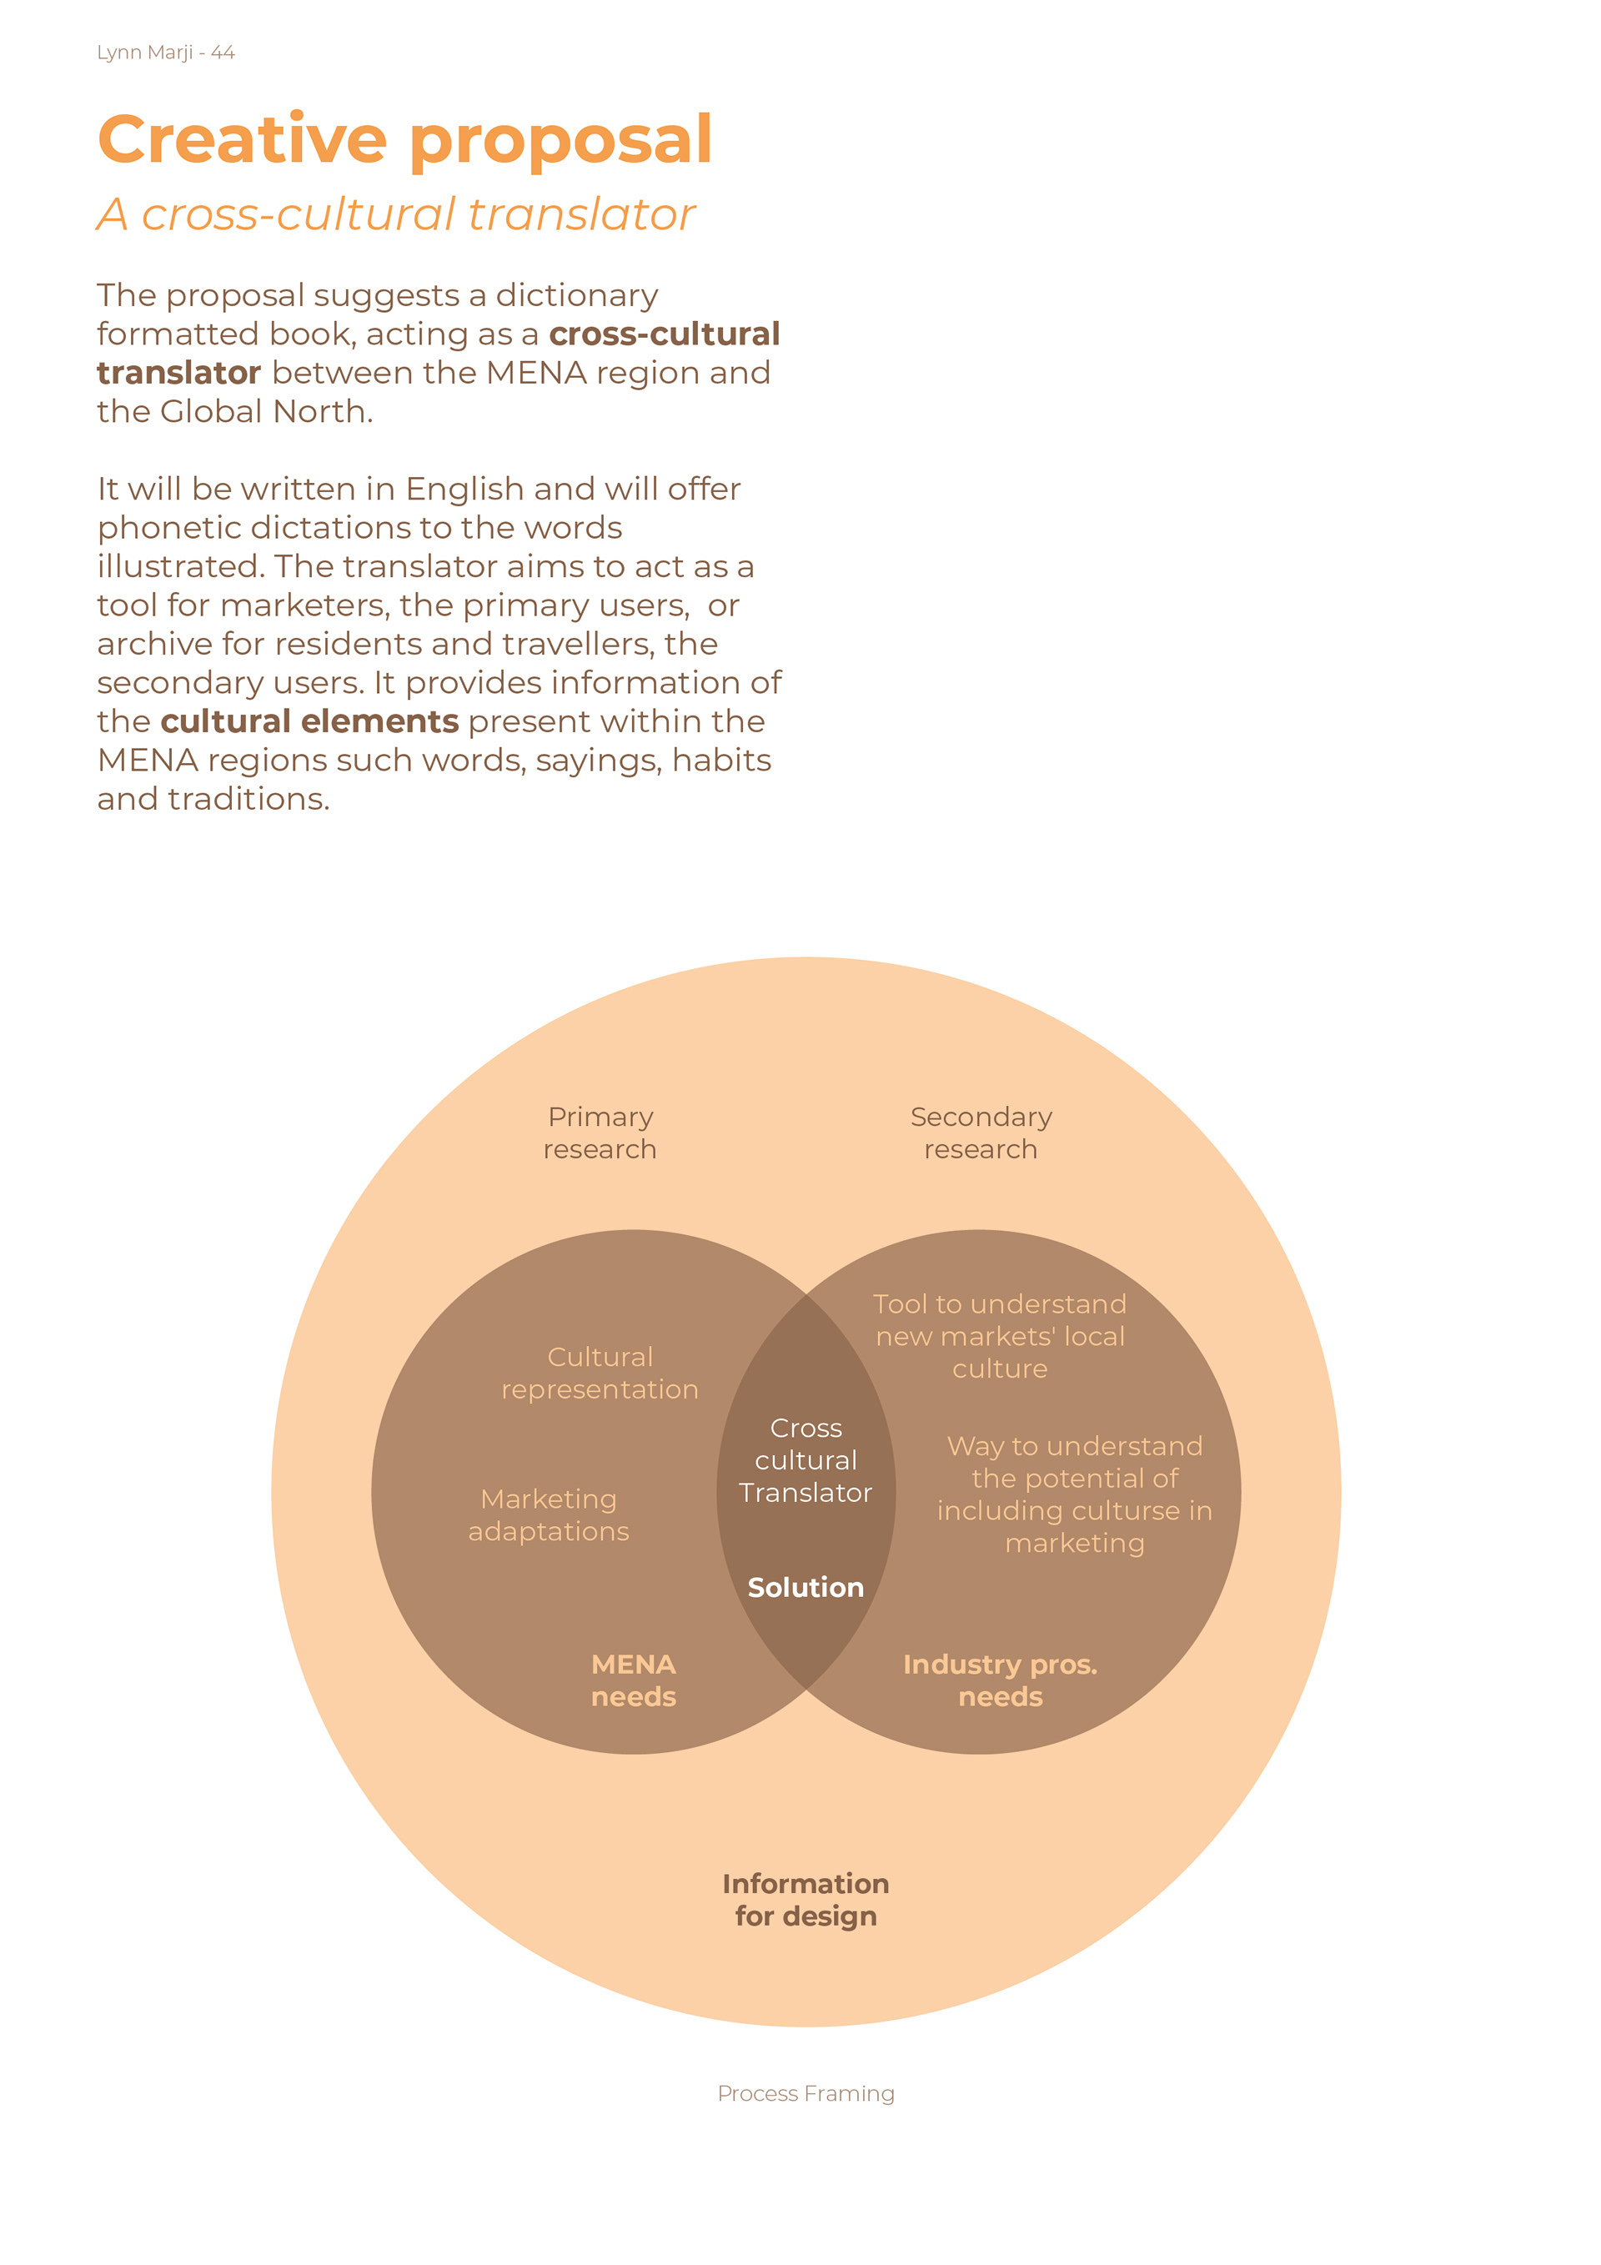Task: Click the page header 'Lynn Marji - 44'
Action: point(166,53)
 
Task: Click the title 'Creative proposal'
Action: point(404,139)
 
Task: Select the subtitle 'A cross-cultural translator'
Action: point(395,214)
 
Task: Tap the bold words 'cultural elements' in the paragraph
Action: point(309,721)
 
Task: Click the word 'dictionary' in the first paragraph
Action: point(576,295)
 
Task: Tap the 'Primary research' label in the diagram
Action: point(600,1132)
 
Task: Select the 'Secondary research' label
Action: point(981,1132)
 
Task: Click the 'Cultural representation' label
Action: point(600,1372)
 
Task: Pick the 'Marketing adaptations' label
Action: point(549,1514)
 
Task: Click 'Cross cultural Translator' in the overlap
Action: point(806,1460)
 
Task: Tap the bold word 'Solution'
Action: point(806,1587)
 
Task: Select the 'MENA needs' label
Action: point(633,1680)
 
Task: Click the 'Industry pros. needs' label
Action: point(1001,1680)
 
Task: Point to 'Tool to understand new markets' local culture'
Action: point(999,1336)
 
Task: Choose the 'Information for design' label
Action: point(806,1899)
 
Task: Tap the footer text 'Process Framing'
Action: point(806,2093)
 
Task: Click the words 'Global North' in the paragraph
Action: point(265,411)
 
